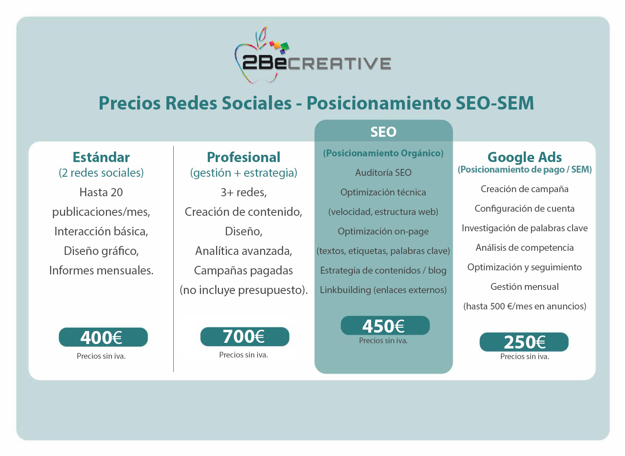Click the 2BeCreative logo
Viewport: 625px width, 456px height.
[x=312, y=55]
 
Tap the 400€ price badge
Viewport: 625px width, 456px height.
[x=103, y=337]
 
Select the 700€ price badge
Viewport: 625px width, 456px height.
[x=245, y=336]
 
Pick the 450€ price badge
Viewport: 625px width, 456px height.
[x=385, y=325]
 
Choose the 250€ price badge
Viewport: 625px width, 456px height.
[x=524, y=342]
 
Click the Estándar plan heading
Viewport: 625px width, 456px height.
[x=101, y=157]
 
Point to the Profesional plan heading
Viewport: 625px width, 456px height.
[x=244, y=157]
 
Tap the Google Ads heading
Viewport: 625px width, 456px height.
[x=524, y=158]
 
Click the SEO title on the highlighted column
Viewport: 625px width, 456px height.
[x=383, y=132]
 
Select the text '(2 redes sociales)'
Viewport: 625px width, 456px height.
[x=101, y=173]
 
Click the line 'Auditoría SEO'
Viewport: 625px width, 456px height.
[x=383, y=173]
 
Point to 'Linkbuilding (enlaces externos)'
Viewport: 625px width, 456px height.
[x=383, y=290]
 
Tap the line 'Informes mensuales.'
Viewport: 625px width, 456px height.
[x=101, y=270]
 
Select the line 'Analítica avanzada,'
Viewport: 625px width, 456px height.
[x=244, y=251]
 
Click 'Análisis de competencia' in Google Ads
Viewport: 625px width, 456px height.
[x=524, y=248]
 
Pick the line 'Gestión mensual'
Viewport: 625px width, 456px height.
[x=524, y=287]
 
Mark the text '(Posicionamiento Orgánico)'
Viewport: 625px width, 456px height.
[x=383, y=153]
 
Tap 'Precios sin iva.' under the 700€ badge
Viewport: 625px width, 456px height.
[x=244, y=355]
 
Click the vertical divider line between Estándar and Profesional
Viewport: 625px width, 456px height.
[x=174, y=259]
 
